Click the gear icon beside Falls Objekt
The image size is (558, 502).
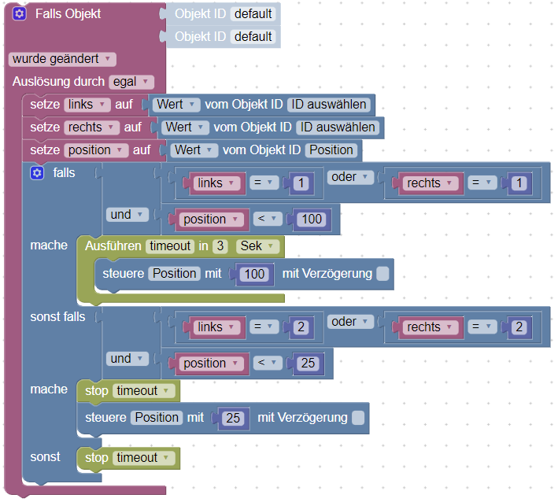20,14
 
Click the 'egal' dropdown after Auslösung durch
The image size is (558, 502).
131,82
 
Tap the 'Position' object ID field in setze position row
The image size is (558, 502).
331,149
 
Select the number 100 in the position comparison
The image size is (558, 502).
312,219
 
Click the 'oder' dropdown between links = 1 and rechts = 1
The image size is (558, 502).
350,177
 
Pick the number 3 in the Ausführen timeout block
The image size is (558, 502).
220,246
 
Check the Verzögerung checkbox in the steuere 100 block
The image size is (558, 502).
382,274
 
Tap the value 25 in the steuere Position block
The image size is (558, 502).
233,418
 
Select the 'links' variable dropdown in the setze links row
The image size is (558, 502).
85,105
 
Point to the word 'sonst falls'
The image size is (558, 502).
57,316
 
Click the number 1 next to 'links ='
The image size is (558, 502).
300,183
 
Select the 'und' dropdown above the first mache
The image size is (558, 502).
125,214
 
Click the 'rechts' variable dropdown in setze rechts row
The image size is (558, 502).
90,127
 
